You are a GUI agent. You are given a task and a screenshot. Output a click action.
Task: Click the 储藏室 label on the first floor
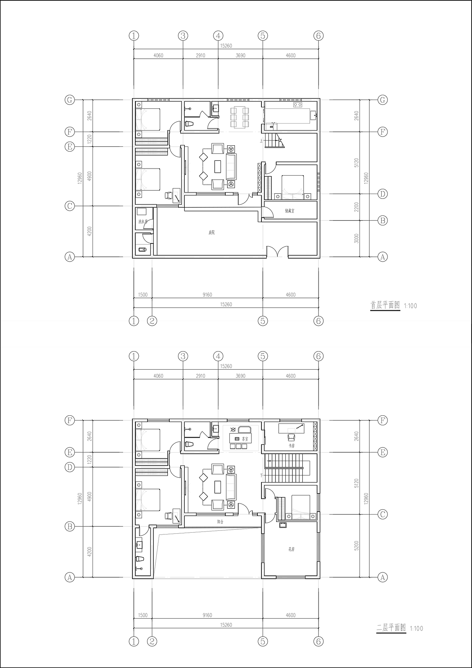point(289,211)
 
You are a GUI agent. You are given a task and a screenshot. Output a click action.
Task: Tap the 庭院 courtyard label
point(211,232)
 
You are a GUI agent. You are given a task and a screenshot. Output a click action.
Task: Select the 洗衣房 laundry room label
point(143,222)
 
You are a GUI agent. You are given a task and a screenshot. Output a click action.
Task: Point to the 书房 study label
point(291,446)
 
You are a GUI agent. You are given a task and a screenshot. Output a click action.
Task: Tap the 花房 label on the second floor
point(291,549)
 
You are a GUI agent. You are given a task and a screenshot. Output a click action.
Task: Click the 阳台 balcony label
point(221,522)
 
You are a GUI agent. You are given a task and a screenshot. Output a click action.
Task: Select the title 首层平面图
point(385,305)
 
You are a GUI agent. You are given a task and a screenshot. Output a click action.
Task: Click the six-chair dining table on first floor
point(240,117)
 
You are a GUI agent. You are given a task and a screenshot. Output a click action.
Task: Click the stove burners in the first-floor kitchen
point(298,105)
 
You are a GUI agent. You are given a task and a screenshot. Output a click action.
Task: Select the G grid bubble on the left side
point(70,100)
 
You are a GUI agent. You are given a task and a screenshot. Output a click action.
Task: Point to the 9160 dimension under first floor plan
point(207,295)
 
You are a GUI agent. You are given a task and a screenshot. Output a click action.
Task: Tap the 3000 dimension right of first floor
point(356,238)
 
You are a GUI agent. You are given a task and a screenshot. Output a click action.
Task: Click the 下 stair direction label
point(262,475)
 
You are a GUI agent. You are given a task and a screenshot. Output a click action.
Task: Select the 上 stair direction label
point(261,141)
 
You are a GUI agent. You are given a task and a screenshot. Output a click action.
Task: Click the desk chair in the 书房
point(291,437)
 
